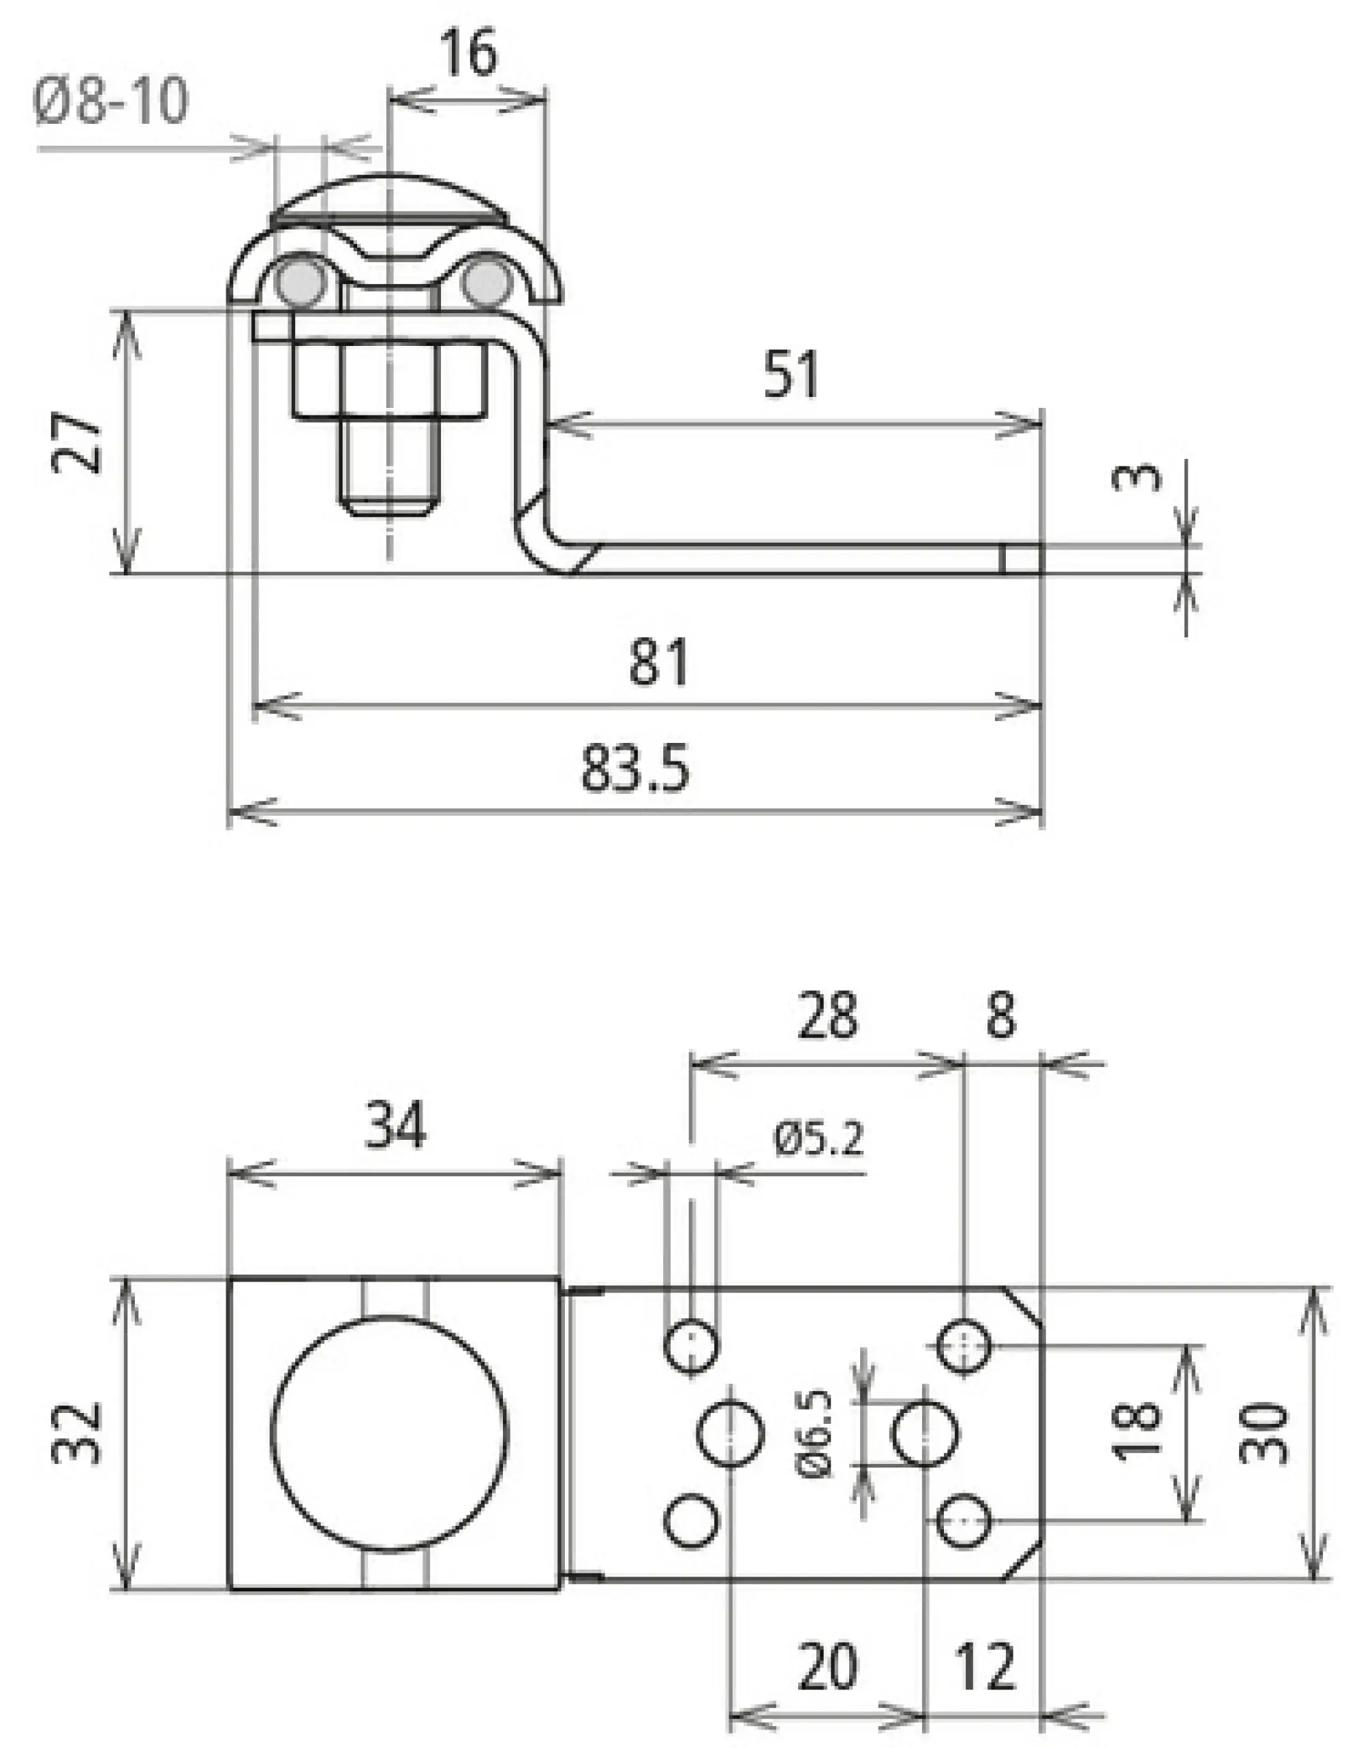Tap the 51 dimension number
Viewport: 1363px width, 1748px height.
pos(791,375)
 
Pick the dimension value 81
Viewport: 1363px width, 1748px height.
pos(658,663)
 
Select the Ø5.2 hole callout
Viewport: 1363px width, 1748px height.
pos(818,1140)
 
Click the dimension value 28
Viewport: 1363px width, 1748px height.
pos(827,1017)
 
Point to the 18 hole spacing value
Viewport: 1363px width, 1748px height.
pos(1138,1432)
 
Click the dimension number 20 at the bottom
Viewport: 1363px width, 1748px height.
pos(827,1668)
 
